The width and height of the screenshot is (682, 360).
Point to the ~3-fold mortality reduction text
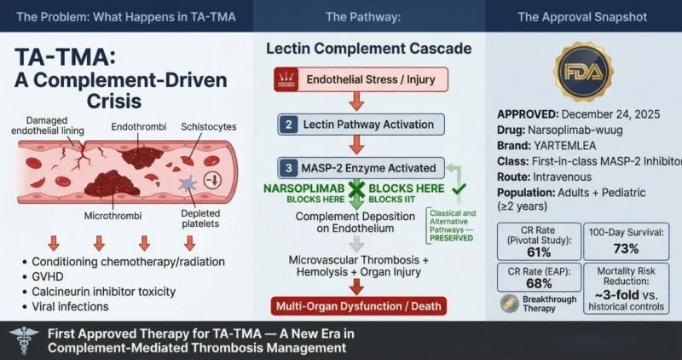point(627,295)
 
